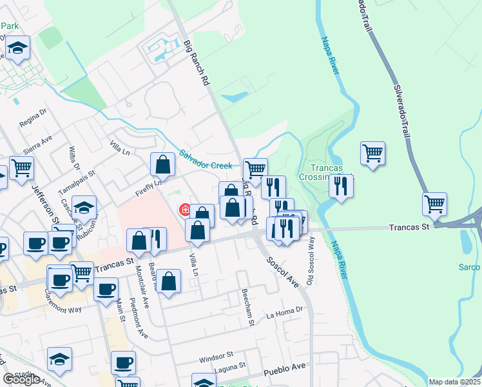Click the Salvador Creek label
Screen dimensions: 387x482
tap(206, 161)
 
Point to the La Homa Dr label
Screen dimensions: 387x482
tap(284, 314)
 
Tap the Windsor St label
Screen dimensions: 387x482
tap(215, 356)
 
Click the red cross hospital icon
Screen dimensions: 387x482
tap(184, 210)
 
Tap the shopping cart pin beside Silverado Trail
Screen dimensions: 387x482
tap(435, 203)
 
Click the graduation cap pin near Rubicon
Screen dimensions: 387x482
tap(84, 207)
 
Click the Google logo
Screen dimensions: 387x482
tap(21, 380)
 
